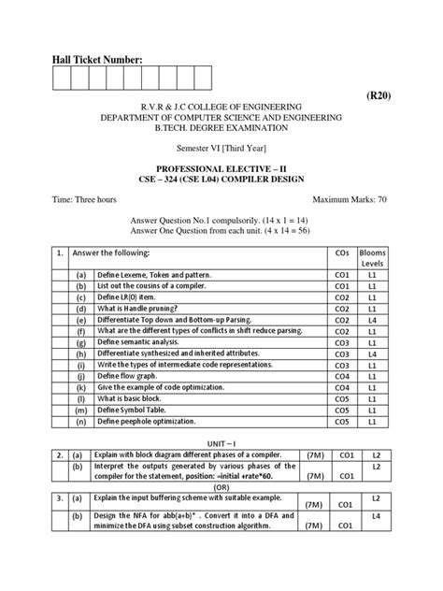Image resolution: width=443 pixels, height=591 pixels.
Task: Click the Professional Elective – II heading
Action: coord(222,169)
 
